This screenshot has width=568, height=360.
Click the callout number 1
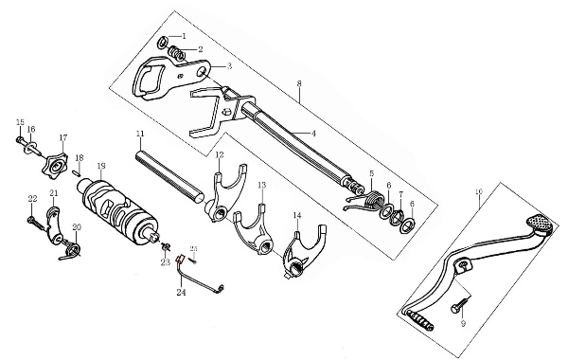(184, 36)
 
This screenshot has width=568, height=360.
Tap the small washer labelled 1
(163, 42)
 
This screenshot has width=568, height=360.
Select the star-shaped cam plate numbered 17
(56, 166)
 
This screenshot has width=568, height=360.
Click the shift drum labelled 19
(118, 214)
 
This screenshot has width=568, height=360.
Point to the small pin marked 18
(76, 173)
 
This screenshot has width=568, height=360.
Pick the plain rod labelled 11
(169, 175)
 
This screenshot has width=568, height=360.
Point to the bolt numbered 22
(36, 224)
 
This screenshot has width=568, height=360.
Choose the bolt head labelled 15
(20, 139)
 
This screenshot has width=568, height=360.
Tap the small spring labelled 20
(71, 252)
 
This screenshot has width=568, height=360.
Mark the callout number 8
(299, 83)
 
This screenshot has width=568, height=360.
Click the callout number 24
(181, 292)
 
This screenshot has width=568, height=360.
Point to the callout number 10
(479, 191)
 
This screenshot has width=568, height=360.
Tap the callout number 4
(313, 134)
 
